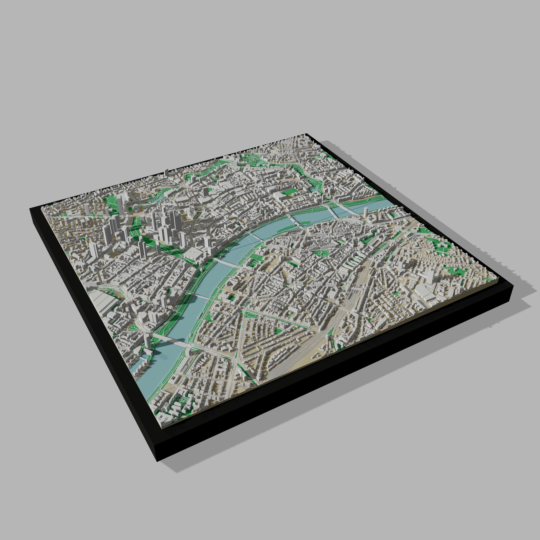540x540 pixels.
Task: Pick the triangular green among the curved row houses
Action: tap(278, 331)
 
